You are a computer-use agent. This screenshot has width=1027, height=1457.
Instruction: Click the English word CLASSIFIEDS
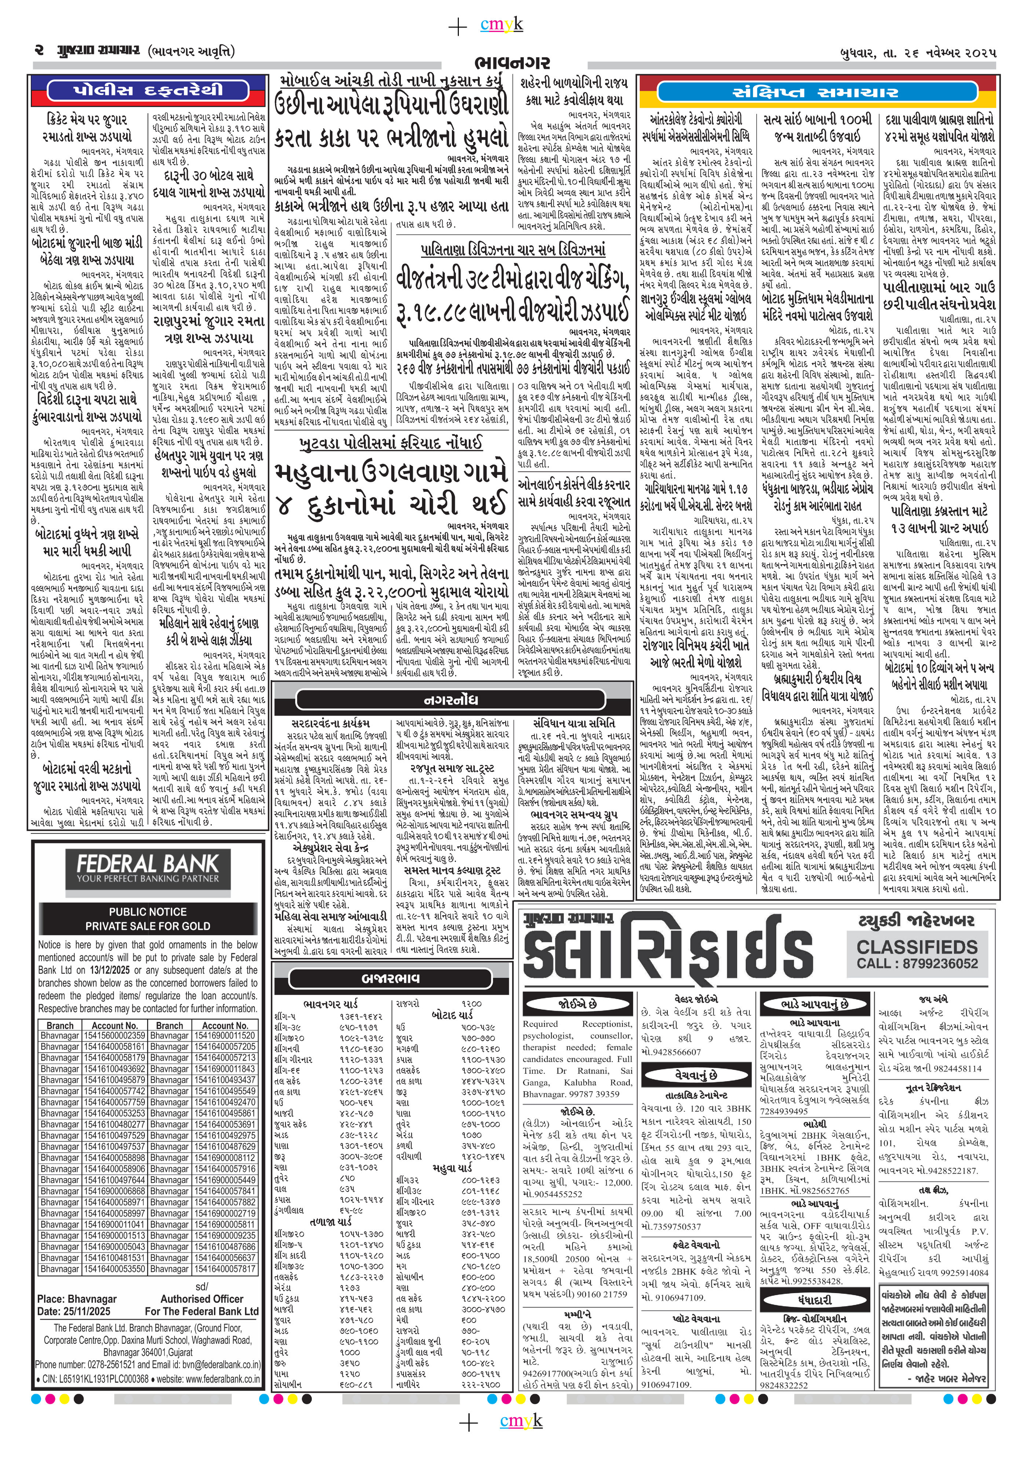917,947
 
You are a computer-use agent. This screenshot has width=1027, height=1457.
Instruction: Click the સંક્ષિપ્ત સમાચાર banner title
816,92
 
